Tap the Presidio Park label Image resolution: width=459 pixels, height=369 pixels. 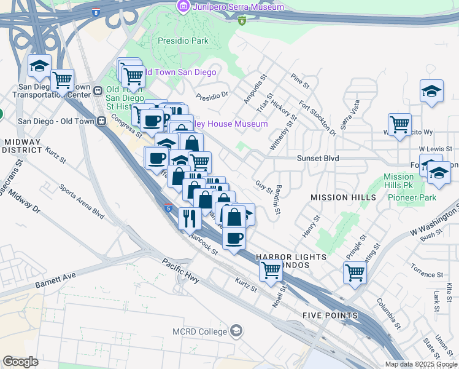click(182, 41)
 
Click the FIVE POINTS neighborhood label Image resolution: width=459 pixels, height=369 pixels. click(330, 315)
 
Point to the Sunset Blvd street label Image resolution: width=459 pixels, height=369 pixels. click(318, 158)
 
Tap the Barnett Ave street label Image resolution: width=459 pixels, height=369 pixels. click(55, 281)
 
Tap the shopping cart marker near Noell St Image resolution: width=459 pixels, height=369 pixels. click(271, 270)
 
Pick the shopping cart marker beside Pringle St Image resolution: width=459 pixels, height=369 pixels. click(355, 272)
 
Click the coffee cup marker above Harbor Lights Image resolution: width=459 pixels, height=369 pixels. click(233, 237)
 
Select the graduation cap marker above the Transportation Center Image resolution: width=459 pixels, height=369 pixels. click(39, 65)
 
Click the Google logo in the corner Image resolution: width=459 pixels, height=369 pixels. click(20, 362)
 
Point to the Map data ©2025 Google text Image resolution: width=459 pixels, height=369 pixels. click(421, 364)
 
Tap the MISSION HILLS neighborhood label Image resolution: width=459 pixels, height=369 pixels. click(343, 197)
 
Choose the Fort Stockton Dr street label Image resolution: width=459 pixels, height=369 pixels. click(317, 119)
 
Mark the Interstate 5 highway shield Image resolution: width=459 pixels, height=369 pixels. click(168, 208)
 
